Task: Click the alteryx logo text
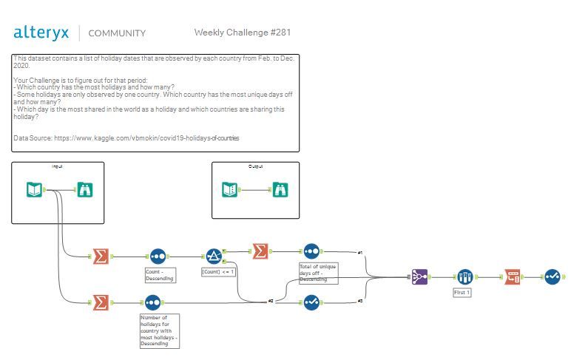41,33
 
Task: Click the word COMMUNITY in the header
117,33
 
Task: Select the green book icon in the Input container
35,190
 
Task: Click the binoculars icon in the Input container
84,190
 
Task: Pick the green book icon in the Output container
230,190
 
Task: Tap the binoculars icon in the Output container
280,190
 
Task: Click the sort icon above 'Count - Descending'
158,256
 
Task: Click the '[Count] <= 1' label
218,272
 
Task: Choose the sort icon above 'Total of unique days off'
311,251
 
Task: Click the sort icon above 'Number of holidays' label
152,302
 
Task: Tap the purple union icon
421,276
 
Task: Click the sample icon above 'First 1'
464,276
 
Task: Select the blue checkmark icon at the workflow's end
552,276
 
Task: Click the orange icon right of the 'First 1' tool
513,276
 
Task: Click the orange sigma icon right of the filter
260,251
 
